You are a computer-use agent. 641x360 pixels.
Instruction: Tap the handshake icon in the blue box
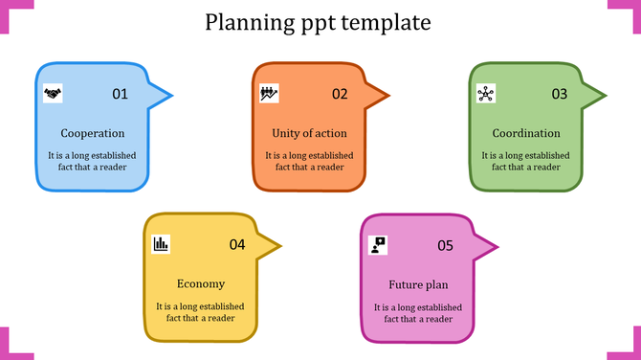pyautogui.click(x=53, y=93)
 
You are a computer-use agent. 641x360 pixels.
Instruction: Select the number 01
pyautogui.click(x=120, y=94)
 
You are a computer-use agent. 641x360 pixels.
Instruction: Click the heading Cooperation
pyautogui.click(x=92, y=133)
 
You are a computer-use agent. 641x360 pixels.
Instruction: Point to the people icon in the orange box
pyautogui.click(x=270, y=93)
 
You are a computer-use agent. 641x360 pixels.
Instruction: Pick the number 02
pyautogui.click(x=340, y=94)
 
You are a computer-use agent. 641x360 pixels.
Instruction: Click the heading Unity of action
pyautogui.click(x=309, y=133)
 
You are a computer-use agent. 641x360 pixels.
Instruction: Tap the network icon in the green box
pyautogui.click(x=486, y=93)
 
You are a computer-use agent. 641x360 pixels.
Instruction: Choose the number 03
pyautogui.click(x=559, y=94)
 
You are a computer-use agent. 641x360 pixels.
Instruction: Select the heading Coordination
pyautogui.click(x=526, y=133)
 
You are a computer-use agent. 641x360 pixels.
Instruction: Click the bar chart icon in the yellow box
pyautogui.click(x=161, y=244)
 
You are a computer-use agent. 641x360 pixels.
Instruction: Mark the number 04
pyautogui.click(x=237, y=245)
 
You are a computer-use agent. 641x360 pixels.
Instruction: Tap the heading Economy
pyautogui.click(x=201, y=283)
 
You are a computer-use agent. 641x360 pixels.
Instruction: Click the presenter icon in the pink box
pyautogui.click(x=378, y=244)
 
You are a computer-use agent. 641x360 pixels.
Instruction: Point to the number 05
pyautogui.click(x=445, y=245)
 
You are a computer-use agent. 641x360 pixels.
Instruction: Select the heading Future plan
pyautogui.click(x=418, y=284)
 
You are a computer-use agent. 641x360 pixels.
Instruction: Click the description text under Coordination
pyautogui.click(x=526, y=161)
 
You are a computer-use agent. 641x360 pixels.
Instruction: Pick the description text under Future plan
pyautogui.click(x=418, y=313)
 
